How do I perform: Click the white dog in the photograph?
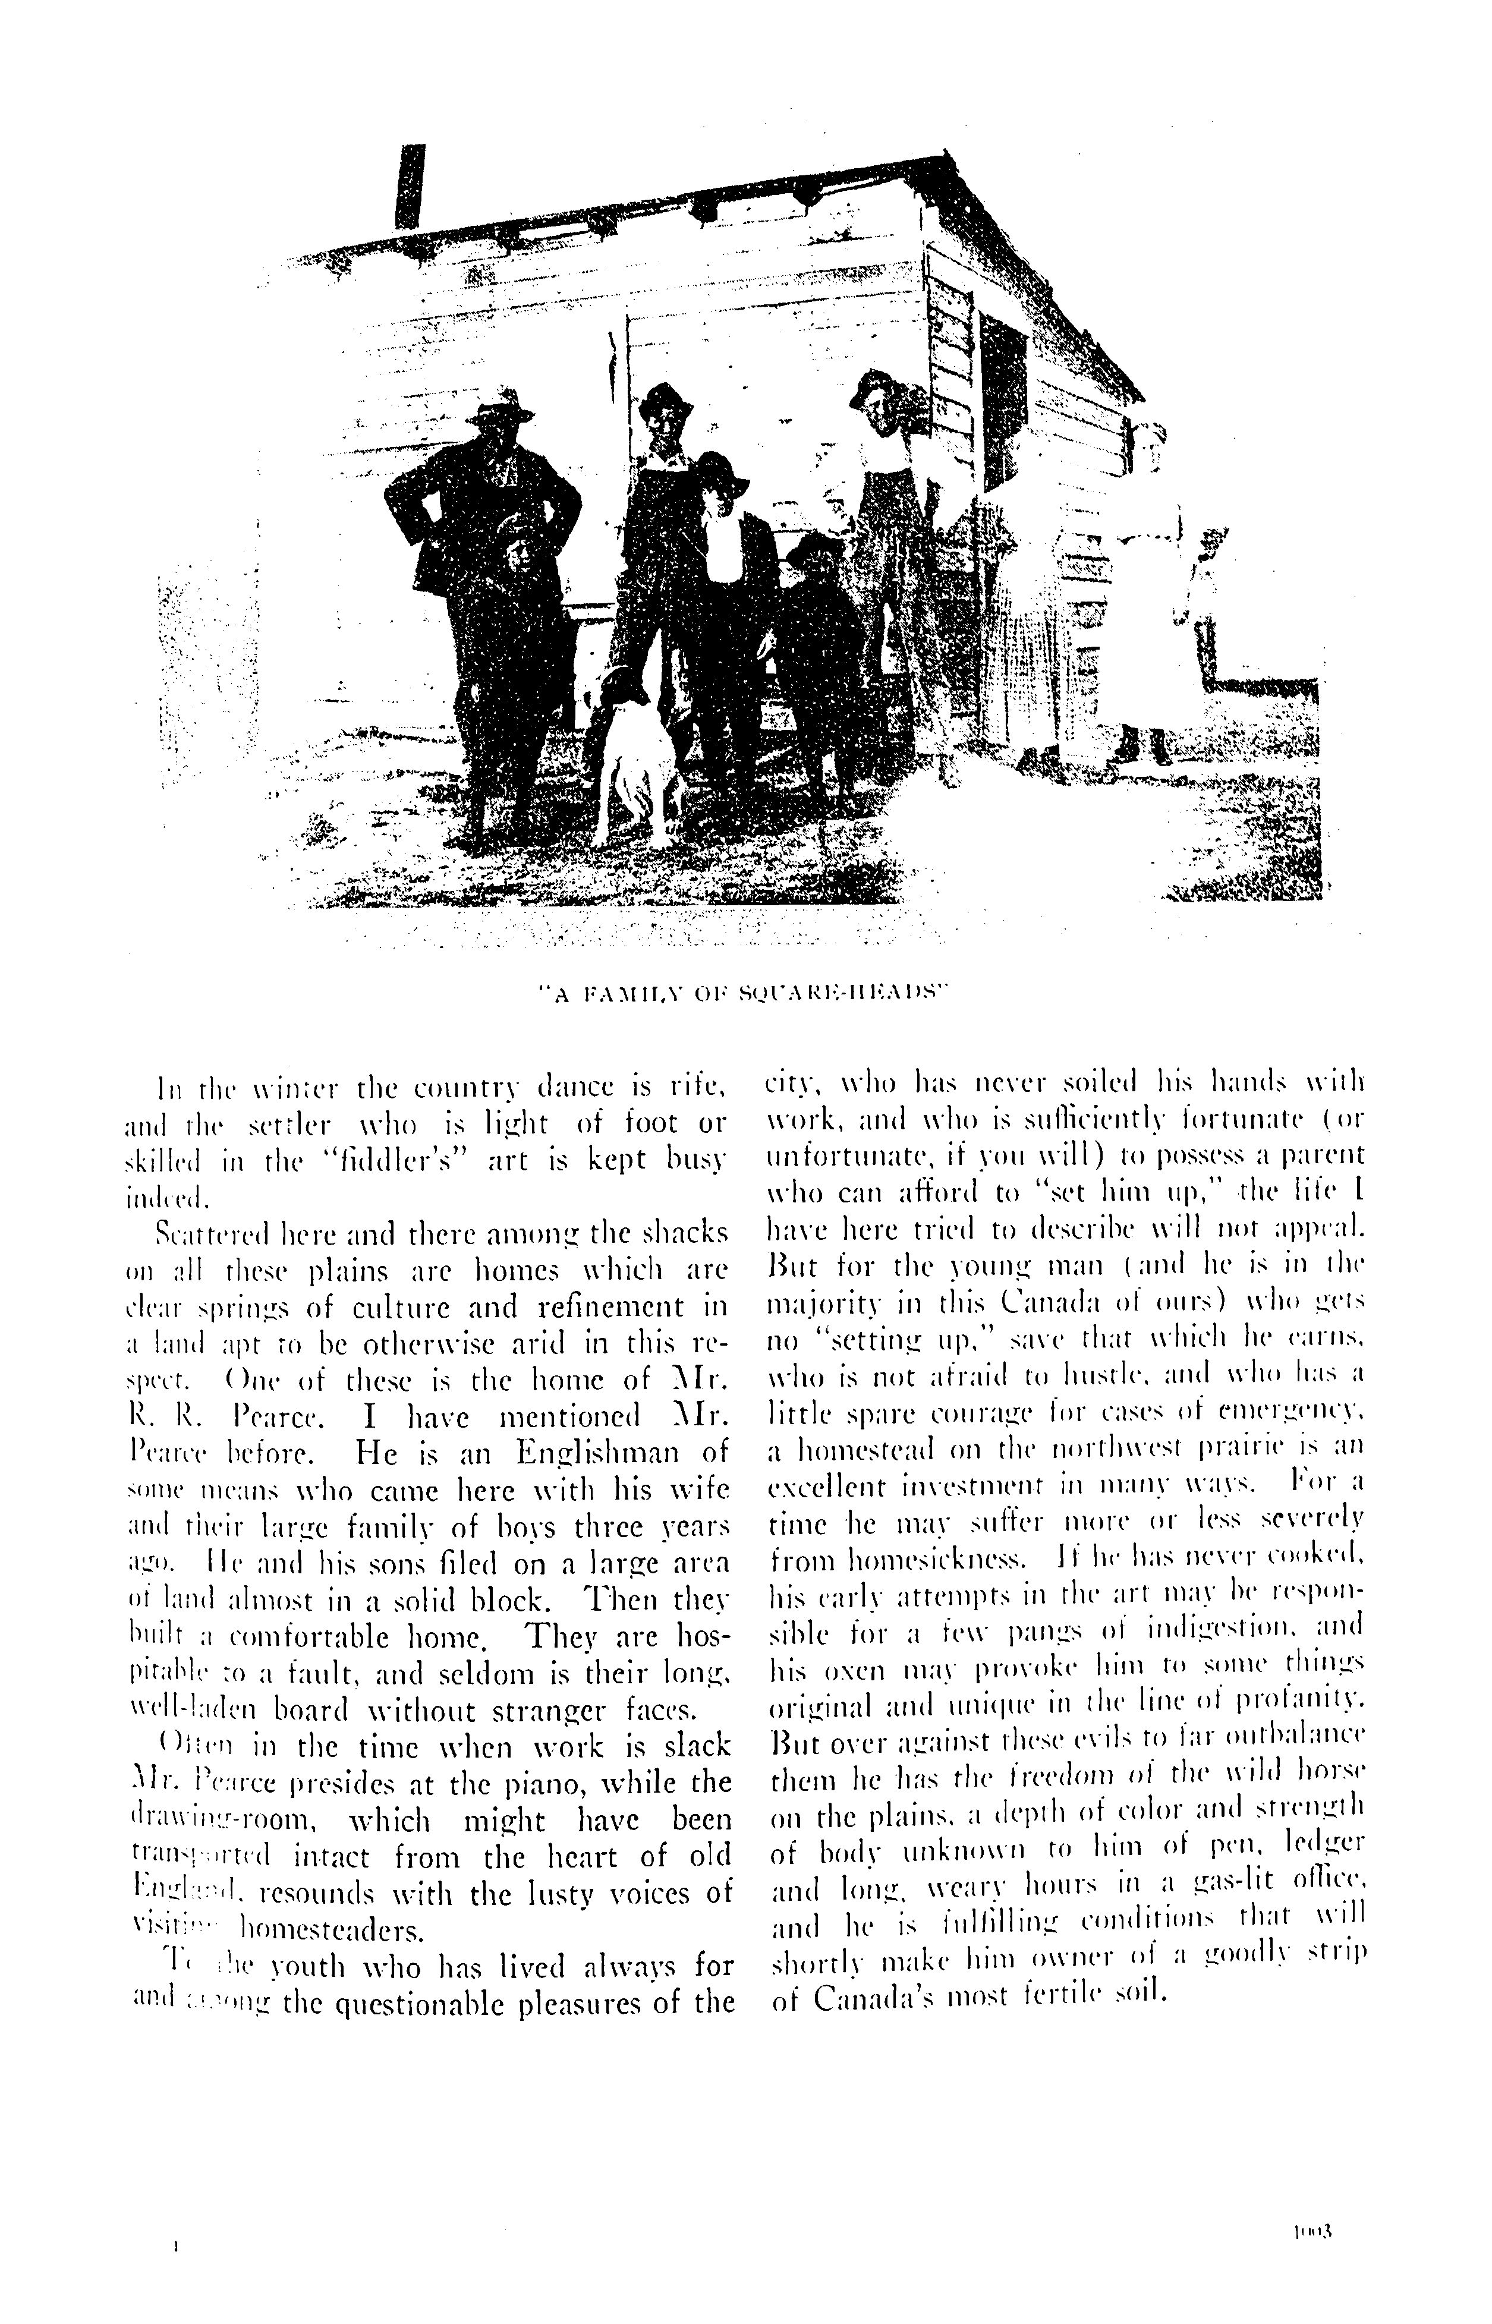pyautogui.click(x=635, y=751)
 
